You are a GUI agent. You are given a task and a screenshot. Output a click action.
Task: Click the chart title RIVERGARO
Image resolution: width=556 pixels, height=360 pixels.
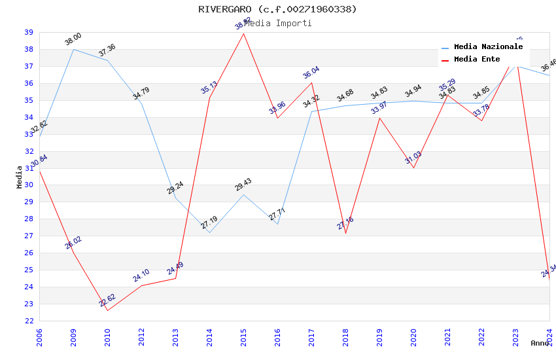point(277,9)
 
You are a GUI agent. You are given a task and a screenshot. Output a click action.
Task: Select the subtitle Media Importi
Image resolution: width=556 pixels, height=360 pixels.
point(277,23)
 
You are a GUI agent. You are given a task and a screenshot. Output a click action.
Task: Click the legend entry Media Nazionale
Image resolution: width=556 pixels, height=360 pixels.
point(488,47)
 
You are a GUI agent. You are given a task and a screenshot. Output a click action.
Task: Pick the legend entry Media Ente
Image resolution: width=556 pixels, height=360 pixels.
point(477,60)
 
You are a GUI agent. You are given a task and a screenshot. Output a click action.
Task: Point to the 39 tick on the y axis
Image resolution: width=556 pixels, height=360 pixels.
point(29,32)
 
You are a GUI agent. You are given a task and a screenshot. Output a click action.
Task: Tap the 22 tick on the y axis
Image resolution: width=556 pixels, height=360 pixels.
point(29,321)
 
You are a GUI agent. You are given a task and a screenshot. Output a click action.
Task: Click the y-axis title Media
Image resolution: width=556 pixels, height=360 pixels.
point(20,177)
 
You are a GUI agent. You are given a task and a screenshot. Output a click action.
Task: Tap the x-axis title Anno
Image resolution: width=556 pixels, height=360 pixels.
point(540,343)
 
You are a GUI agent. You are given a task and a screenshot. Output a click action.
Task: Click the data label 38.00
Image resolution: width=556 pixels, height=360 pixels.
point(73,39)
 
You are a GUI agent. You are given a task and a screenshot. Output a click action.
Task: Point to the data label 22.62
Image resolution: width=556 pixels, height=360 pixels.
point(107,300)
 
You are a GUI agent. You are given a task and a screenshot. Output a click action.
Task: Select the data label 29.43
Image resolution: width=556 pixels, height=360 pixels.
point(243,185)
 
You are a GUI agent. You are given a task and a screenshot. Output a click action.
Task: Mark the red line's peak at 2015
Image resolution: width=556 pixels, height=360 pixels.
point(243,33)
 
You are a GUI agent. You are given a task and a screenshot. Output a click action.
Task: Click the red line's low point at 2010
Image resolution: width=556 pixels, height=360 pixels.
point(107,310)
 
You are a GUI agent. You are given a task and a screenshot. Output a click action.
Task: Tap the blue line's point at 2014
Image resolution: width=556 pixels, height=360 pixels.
point(209,233)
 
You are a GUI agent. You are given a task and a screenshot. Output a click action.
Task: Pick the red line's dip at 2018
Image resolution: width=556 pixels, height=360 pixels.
point(345,233)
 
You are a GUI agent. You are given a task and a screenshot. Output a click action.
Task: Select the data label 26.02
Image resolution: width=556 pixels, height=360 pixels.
point(73,243)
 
